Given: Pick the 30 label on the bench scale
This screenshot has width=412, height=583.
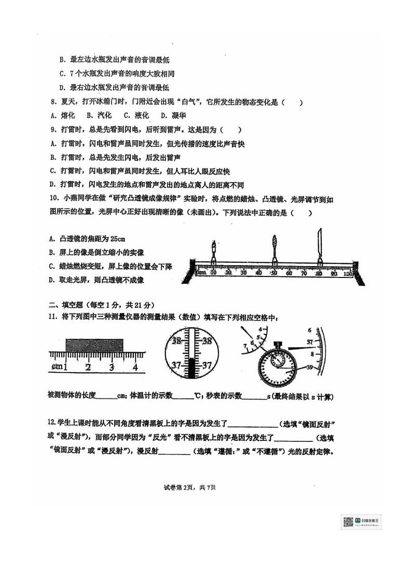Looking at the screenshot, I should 243,273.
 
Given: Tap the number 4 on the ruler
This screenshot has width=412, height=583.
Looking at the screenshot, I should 135,368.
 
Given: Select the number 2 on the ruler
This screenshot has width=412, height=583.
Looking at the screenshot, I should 88,368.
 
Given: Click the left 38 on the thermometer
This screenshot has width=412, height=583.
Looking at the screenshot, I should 176,341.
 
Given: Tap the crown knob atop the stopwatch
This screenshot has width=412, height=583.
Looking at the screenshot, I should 278,343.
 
